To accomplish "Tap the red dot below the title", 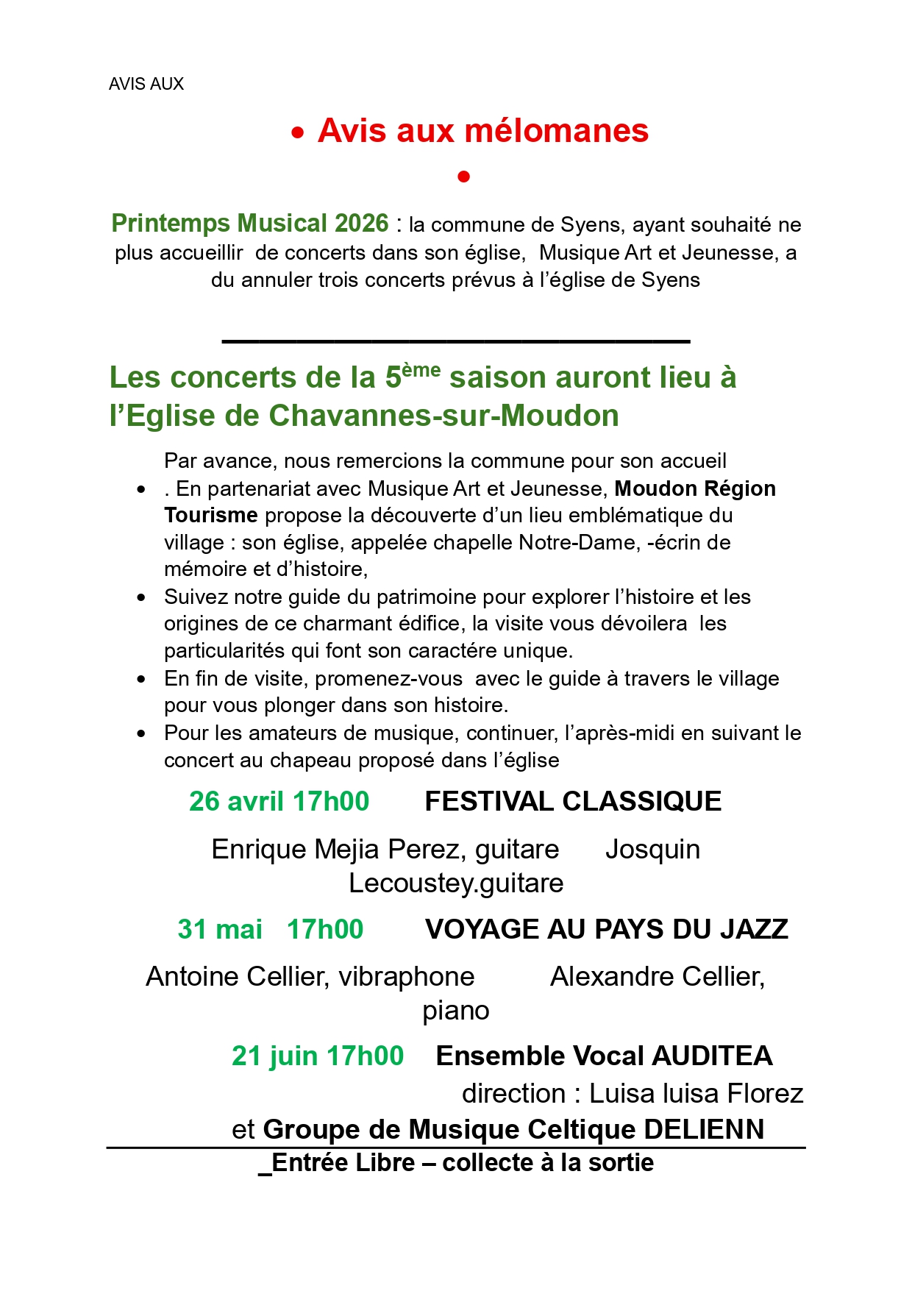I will (x=463, y=177).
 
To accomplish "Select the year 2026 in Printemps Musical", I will (x=361, y=224).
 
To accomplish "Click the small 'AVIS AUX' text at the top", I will (x=146, y=84).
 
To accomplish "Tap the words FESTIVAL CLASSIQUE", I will (x=573, y=802).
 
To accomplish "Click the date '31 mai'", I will (x=220, y=930).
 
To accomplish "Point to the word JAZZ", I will (x=754, y=930).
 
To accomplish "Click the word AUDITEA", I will (x=712, y=1056).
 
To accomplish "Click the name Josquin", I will (x=652, y=850).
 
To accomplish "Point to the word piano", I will (x=455, y=1011).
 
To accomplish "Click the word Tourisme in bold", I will (x=210, y=516).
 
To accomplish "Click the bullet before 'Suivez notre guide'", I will (x=141, y=597).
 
